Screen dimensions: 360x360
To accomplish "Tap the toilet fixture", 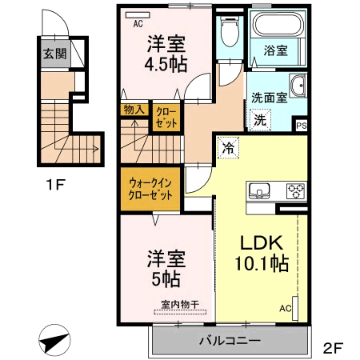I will [229, 33].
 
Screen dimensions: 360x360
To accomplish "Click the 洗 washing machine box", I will [261, 120].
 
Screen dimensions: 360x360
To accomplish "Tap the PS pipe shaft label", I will [301, 126].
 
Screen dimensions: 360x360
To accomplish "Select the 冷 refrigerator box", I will [228, 148].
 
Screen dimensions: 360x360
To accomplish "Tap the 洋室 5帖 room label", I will [166, 269].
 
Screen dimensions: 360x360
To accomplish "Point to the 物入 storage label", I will [132, 110].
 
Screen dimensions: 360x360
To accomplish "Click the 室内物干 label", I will [178, 304].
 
